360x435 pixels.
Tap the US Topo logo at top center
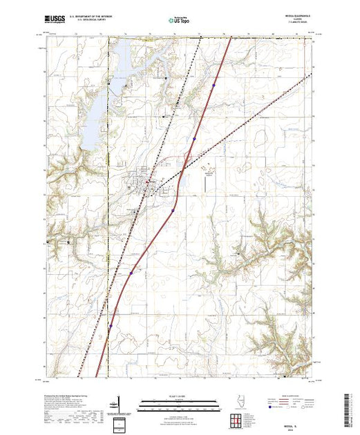pos(180,21)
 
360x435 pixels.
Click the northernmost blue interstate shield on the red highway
pos(214,86)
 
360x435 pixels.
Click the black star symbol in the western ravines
pos(68,242)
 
